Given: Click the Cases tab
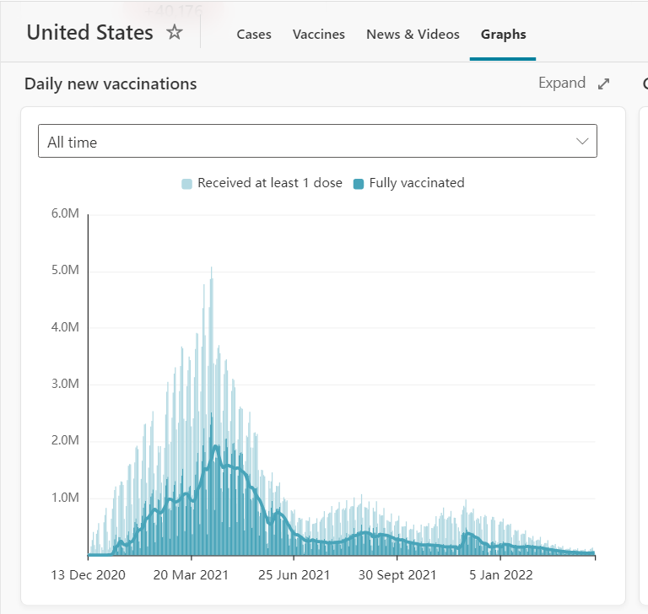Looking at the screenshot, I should pos(254,35).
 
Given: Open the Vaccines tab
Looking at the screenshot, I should pos(319,35).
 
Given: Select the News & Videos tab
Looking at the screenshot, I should pos(413,35).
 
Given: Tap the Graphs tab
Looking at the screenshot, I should pos(503,35).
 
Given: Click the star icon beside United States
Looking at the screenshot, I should pos(175,33).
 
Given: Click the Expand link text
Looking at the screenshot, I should pos(562,83).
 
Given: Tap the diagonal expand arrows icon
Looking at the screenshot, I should pos(603,83).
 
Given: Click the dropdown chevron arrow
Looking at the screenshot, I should pos(582,141).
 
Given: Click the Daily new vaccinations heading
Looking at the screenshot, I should pos(111,84).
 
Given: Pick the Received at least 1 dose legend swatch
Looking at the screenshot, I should pos(186,183).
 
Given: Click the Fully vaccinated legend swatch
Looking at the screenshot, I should pos(359,183).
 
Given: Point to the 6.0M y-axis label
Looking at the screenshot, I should pos(65,214).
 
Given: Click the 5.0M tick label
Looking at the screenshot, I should pos(65,271).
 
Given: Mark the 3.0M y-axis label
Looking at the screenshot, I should pos(65,384).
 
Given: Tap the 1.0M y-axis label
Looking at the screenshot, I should pos(65,498).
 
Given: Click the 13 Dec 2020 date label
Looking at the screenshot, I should pos(88,575).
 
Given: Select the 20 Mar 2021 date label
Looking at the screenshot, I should pos(192,575).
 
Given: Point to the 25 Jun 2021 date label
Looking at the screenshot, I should pos(294,575).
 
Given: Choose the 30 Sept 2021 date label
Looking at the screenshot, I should pos(397,575).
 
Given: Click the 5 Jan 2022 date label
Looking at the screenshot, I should pos(500,575).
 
